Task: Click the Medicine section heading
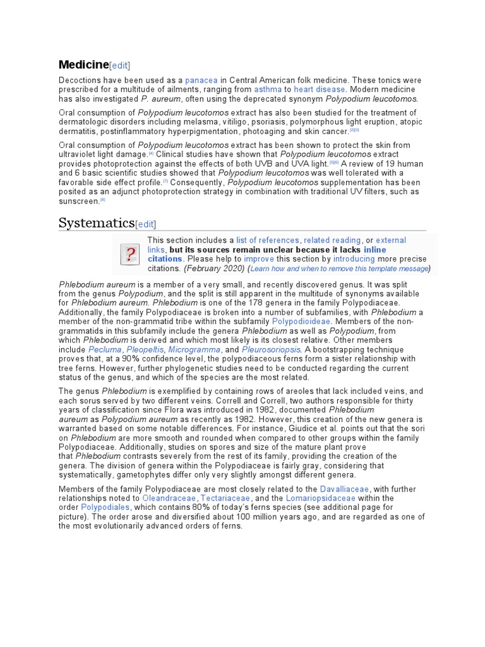coord(83,64)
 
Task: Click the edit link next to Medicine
coord(120,66)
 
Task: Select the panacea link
coord(201,80)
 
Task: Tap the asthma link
coord(268,90)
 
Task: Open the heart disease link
coord(320,90)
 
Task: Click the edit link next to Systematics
coord(146,224)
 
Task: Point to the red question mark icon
coord(131,255)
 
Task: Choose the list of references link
coord(268,240)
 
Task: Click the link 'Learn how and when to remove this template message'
coord(340,269)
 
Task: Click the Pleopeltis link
coord(146,349)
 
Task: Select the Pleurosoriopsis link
coord(272,349)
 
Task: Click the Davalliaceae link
coord(345,489)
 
